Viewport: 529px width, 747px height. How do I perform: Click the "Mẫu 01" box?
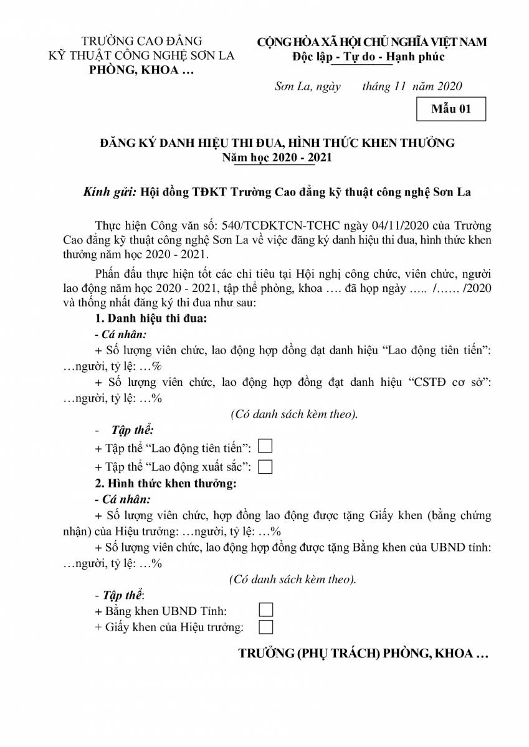[x=451, y=110]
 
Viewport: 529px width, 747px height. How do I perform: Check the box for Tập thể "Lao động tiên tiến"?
[x=265, y=446]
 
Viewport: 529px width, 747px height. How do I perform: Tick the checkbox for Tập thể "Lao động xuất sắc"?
[x=265, y=466]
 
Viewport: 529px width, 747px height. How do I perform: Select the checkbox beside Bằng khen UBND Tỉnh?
[x=265, y=609]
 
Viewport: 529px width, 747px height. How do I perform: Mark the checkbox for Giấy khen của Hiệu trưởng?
[x=265, y=626]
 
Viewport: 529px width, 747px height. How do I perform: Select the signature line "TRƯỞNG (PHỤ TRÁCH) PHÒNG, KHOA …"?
[x=363, y=654]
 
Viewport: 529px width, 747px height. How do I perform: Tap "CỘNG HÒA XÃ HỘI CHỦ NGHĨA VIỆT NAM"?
[x=372, y=42]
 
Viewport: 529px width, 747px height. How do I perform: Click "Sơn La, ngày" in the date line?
[x=308, y=87]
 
